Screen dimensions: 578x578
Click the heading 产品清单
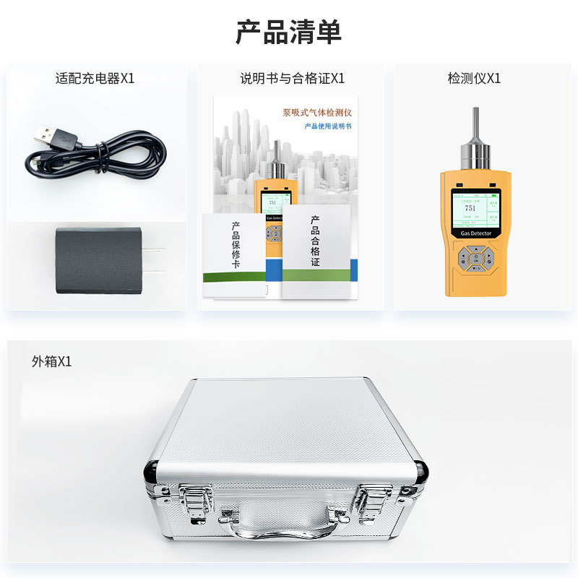tap(288, 32)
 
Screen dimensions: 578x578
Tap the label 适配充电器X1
tap(95, 79)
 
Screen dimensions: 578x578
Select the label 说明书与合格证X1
tap(292, 79)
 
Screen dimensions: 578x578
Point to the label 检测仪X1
tap(474, 79)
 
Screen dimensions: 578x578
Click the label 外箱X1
tap(51, 361)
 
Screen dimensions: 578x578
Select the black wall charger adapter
tap(99, 260)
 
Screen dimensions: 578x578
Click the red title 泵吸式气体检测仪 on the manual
tap(316, 113)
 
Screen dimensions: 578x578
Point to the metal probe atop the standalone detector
tap(475, 141)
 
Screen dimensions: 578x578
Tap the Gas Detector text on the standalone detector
tap(476, 233)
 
